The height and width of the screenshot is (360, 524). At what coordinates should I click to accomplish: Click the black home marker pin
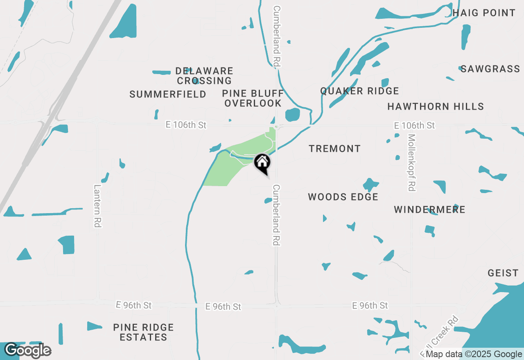point(262,163)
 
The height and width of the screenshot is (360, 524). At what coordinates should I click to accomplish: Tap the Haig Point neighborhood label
point(484,13)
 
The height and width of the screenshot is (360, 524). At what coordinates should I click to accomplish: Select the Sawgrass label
point(490,69)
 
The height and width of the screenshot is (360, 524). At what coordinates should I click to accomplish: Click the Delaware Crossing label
point(205,76)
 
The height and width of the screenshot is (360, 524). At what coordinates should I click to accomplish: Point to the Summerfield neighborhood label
point(168,94)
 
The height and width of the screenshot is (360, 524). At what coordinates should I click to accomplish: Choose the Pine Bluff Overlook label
point(253,98)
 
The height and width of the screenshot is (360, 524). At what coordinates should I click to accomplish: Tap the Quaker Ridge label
point(359,91)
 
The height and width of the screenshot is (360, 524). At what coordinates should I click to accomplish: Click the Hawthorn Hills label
point(436,107)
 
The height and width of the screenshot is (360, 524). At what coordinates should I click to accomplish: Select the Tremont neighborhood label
point(334,148)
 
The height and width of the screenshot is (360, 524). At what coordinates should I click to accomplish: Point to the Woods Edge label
point(343,197)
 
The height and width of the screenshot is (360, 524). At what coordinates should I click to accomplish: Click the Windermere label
point(429,210)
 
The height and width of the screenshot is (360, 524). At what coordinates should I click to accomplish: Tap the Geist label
point(503,273)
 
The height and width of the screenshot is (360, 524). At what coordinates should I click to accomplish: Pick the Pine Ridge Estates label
point(143,332)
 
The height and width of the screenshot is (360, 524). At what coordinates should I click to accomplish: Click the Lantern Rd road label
point(97,206)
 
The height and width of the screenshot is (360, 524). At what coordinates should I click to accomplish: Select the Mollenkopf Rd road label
point(411,162)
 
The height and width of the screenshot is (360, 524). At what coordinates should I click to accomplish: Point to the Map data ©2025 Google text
point(474,354)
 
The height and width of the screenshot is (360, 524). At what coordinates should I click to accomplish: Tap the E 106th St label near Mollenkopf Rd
point(414,125)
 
